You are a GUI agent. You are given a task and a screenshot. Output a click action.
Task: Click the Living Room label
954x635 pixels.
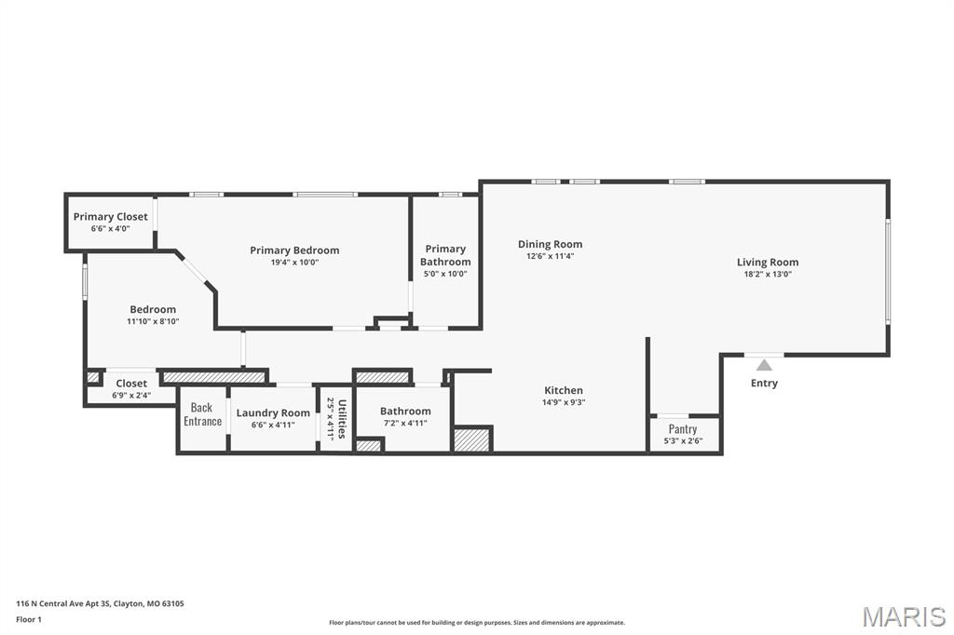[767, 263]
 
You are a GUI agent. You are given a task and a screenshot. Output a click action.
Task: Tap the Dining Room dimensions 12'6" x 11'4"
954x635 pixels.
[550, 256]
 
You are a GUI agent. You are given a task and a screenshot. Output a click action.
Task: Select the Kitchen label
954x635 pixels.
[564, 390]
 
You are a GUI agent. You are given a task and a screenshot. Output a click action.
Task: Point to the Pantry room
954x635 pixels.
[683, 434]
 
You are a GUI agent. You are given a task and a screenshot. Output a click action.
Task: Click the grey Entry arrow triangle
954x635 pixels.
[764, 365]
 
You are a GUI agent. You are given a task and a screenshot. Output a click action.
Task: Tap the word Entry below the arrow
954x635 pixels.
[764, 383]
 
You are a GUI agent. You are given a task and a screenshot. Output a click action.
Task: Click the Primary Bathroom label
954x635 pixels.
[445, 255]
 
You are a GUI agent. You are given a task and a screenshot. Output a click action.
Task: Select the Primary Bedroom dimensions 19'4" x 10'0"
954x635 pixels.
[294, 263]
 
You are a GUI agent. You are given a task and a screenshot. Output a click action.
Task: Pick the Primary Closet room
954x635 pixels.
[110, 222]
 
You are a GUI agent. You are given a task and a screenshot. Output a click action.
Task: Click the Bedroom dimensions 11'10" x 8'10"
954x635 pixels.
[153, 321]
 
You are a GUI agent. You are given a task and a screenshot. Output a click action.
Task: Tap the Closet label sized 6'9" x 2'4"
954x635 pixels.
[131, 384]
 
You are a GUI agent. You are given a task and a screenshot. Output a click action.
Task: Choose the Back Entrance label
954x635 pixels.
[202, 414]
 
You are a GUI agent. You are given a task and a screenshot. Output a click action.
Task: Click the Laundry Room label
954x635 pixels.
[273, 413]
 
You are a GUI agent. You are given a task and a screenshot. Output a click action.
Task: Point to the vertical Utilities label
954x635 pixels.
[342, 419]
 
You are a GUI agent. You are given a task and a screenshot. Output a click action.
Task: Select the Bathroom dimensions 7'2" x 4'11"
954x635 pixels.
[405, 423]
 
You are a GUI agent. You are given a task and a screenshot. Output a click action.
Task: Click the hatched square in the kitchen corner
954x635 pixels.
[472, 439]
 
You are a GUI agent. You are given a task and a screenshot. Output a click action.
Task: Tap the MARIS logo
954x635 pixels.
[903, 615]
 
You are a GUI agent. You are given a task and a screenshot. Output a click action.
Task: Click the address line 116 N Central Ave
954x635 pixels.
[100, 603]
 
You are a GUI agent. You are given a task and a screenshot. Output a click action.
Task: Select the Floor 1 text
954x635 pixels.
[29, 619]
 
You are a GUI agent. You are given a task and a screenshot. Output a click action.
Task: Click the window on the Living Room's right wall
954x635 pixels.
[888, 270]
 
